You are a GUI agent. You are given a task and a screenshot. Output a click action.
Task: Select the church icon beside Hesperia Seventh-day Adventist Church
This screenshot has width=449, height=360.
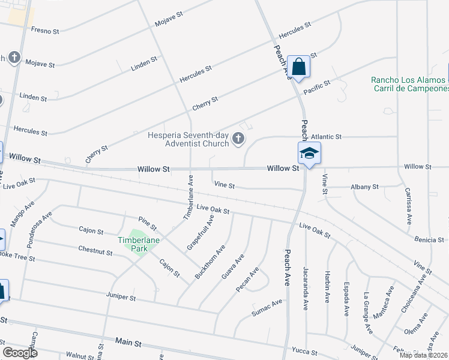(x=238, y=140)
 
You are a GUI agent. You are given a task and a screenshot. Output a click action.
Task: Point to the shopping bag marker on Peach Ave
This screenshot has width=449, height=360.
(x=298, y=67)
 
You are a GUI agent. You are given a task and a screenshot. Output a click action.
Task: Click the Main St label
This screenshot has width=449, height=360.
(x=128, y=343)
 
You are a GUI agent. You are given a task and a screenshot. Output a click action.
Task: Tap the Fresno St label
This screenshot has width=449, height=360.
(x=45, y=29)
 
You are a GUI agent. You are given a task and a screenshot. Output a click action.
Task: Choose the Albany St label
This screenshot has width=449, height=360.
(x=364, y=187)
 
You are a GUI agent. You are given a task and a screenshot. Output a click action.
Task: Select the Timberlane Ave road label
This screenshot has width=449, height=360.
(x=188, y=195)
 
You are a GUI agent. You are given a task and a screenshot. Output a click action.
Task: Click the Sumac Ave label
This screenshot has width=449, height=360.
(x=267, y=307)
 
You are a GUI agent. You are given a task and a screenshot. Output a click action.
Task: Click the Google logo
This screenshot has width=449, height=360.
(x=20, y=353)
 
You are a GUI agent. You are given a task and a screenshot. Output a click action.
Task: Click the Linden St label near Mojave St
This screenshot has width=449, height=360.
(x=145, y=63)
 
